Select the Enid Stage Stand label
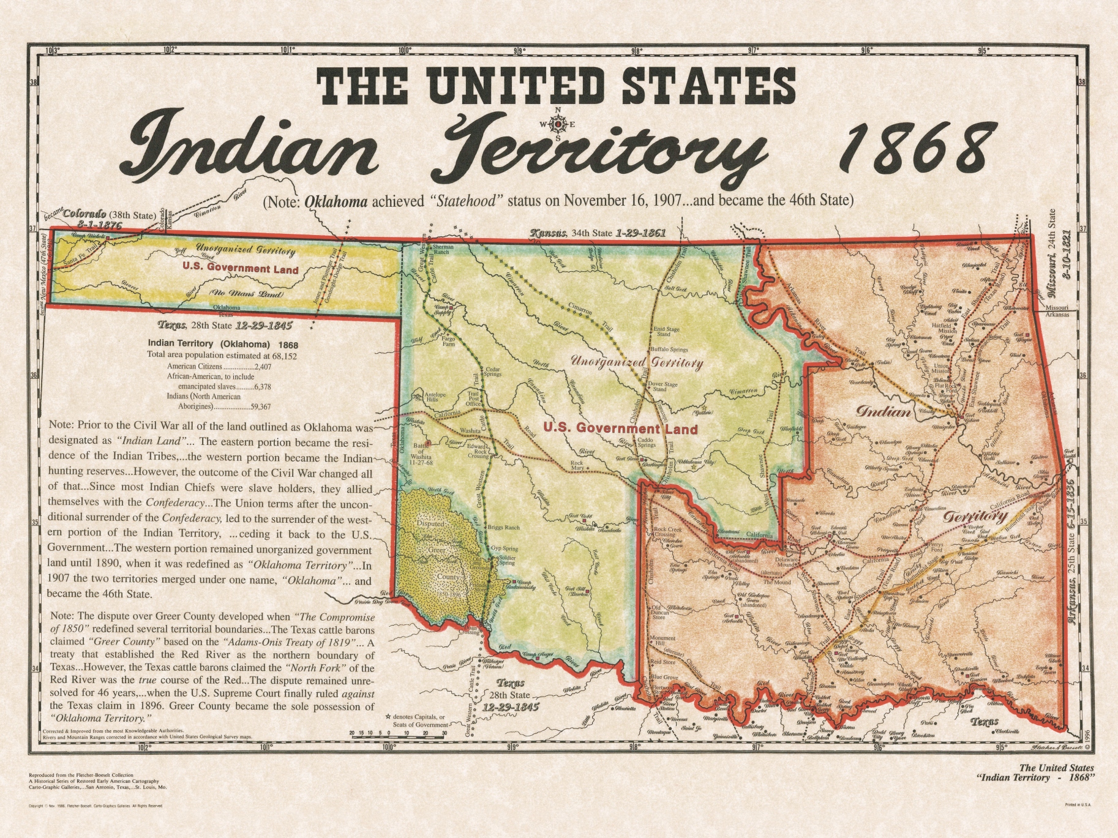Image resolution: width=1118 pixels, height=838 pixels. [x=667, y=332]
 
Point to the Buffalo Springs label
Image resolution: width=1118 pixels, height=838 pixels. [x=669, y=350]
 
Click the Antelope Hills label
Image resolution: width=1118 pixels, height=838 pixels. [x=435, y=397]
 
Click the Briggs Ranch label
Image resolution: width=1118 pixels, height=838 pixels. [x=503, y=527]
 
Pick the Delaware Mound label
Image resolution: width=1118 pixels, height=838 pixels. [x=787, y=562]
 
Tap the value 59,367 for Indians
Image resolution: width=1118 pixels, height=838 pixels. [x=258, y=406]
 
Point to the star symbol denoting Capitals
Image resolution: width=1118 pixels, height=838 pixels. [x=388, y=717]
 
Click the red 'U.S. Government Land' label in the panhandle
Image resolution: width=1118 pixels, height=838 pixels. [x=240, y=269]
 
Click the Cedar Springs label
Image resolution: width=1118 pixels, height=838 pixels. [x=493, y=372]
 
